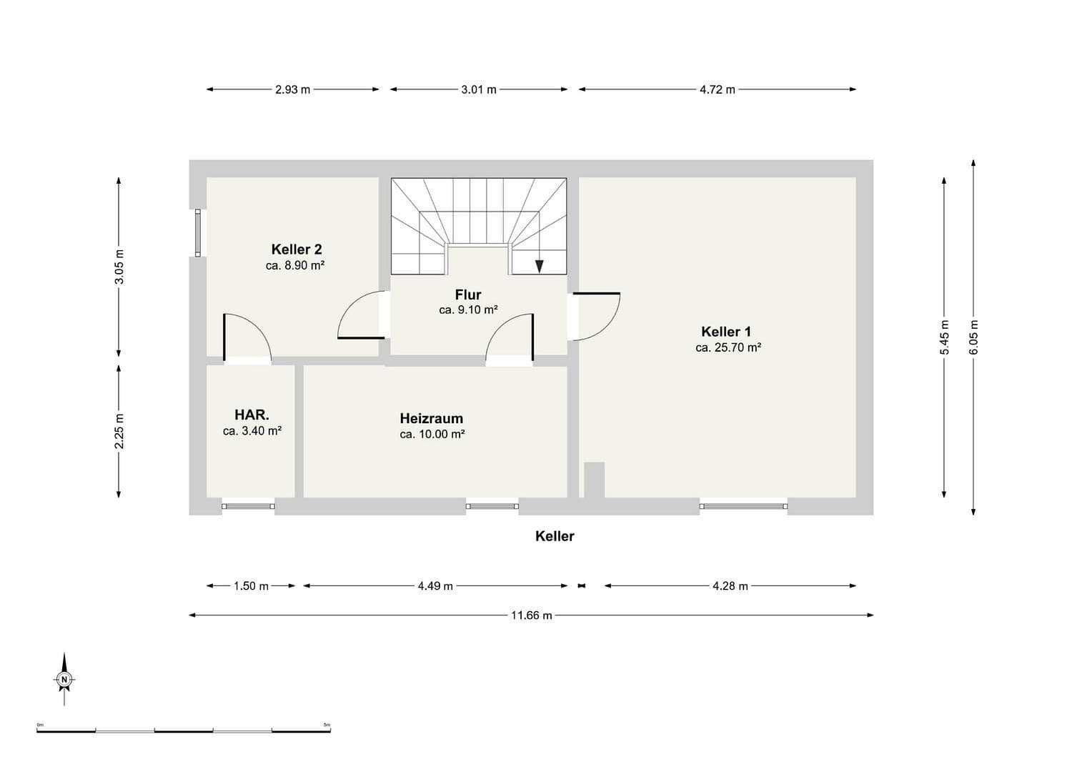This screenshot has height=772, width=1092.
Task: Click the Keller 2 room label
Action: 296,249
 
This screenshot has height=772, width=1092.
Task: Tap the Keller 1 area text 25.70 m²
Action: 728,348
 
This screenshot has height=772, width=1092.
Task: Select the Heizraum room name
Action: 431,418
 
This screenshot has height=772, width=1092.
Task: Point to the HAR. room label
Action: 252,415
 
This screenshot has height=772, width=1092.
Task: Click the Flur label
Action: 468,295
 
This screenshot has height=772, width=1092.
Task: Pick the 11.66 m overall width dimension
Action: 531,615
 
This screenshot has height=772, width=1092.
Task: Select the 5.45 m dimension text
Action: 944,336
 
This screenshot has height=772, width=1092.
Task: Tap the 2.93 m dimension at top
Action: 292,90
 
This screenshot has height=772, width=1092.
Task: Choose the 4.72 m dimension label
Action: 717,90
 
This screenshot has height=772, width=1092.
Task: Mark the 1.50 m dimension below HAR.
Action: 251,586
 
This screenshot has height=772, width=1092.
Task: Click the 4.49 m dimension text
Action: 435,586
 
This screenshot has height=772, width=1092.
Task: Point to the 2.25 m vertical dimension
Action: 119,431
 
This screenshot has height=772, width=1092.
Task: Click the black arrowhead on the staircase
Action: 540,267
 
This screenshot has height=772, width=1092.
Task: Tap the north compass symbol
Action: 64,679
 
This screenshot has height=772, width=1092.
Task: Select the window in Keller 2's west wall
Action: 198,233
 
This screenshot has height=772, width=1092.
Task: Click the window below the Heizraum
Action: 492,506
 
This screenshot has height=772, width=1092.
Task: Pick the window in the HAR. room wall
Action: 248,506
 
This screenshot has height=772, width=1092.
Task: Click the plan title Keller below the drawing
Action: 555,536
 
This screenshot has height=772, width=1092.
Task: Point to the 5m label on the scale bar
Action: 327,725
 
